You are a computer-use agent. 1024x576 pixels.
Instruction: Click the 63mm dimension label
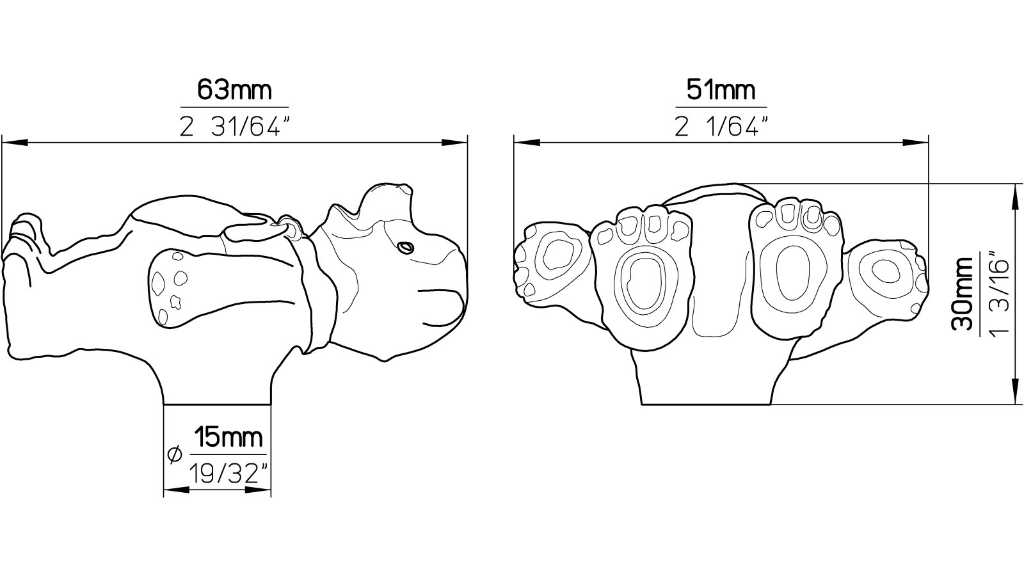(x=234, y=90)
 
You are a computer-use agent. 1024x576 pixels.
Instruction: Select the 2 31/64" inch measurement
(x=235, y=126)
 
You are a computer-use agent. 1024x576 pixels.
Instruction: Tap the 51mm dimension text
(x=721, y=90)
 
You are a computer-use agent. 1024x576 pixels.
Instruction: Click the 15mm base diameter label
(x=228, y=437)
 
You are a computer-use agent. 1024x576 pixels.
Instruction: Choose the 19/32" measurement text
(x=228, y=474)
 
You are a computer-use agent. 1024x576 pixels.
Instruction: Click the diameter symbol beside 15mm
(x=175, y=454)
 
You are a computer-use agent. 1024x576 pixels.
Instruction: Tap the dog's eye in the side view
(x=405, y=248)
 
